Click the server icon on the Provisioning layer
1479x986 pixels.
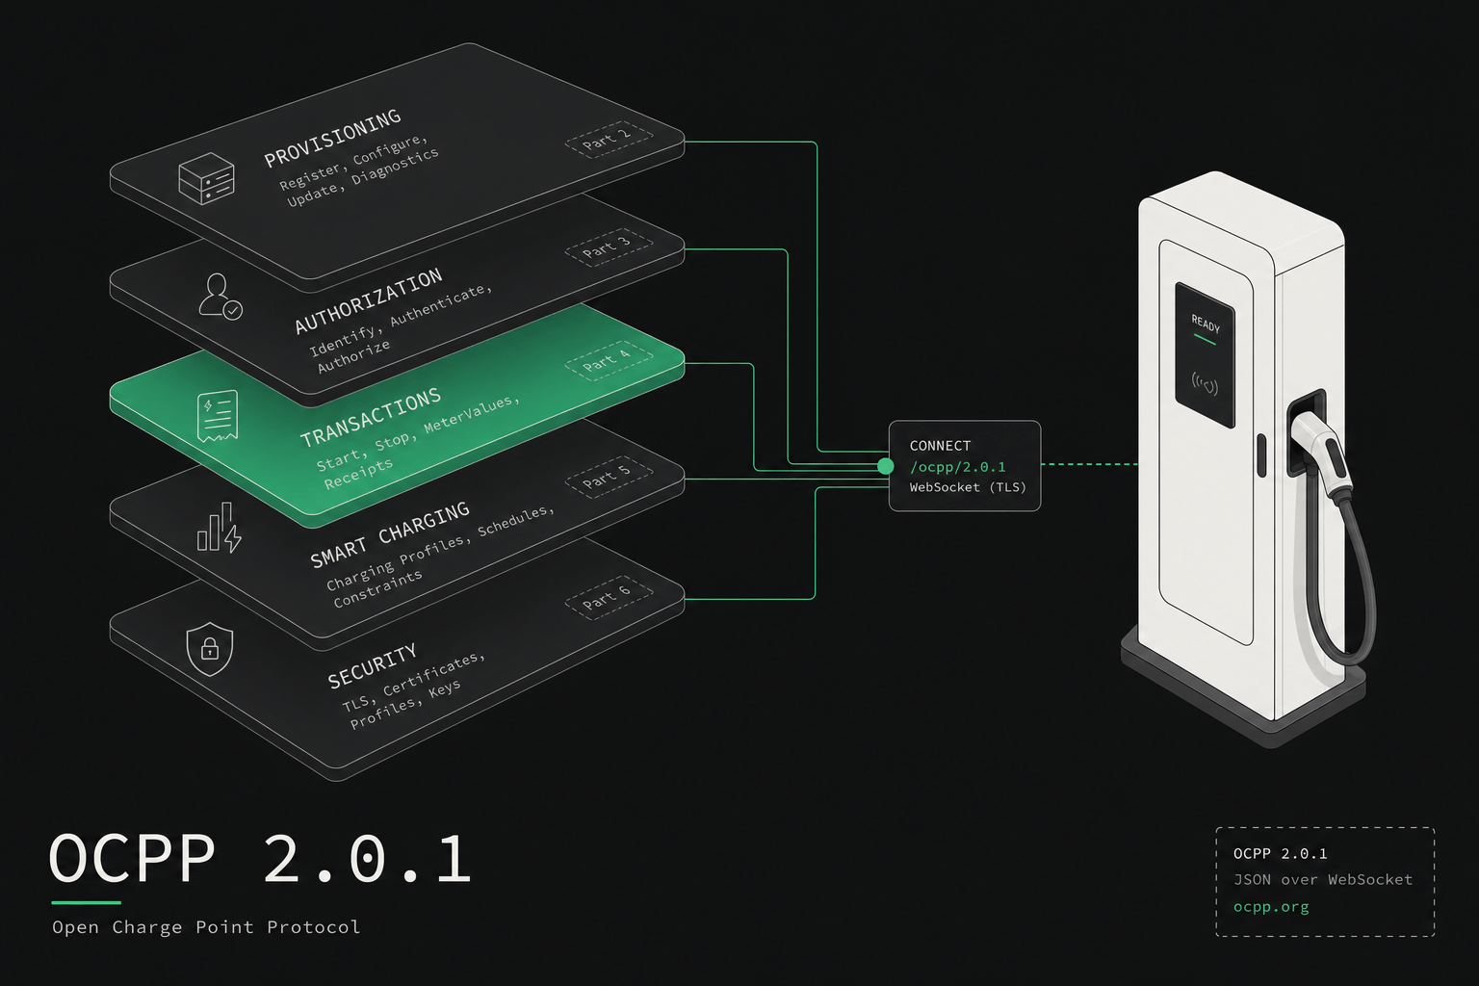207,178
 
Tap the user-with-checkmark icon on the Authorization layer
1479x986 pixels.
221,297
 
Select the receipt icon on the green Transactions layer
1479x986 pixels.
218,416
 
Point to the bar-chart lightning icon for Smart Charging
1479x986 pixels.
220,527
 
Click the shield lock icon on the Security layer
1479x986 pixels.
209,649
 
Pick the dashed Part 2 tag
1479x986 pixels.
609,140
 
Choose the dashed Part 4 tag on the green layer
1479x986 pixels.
609,360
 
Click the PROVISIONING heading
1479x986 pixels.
332,138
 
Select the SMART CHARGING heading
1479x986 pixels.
390,535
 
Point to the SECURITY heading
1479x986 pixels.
373,665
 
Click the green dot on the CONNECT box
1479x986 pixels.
886,466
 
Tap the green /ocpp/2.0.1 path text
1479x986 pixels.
957,467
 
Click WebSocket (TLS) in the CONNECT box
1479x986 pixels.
968,487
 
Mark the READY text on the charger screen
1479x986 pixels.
1206,324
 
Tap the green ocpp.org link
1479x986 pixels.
1271,907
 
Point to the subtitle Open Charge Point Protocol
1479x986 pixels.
206,927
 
